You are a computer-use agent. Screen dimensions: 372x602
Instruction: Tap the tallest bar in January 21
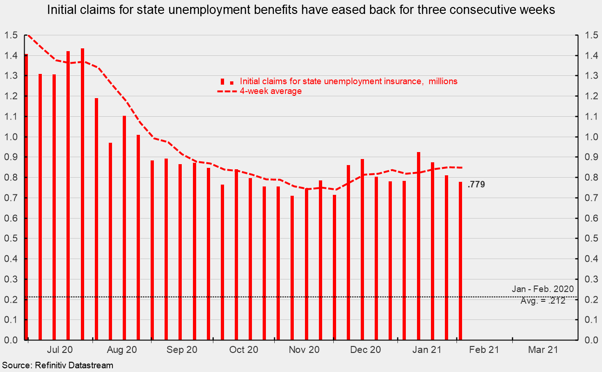(419, 246)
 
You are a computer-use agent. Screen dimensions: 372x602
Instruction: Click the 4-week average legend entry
(271, 91)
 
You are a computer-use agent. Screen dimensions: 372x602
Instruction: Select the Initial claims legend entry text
(349, 81)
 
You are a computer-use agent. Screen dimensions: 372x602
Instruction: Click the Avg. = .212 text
(543, 301)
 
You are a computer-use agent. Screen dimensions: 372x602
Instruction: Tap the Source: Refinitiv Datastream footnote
(57, 365)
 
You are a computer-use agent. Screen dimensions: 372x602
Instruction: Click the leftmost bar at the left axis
(26, 198)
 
